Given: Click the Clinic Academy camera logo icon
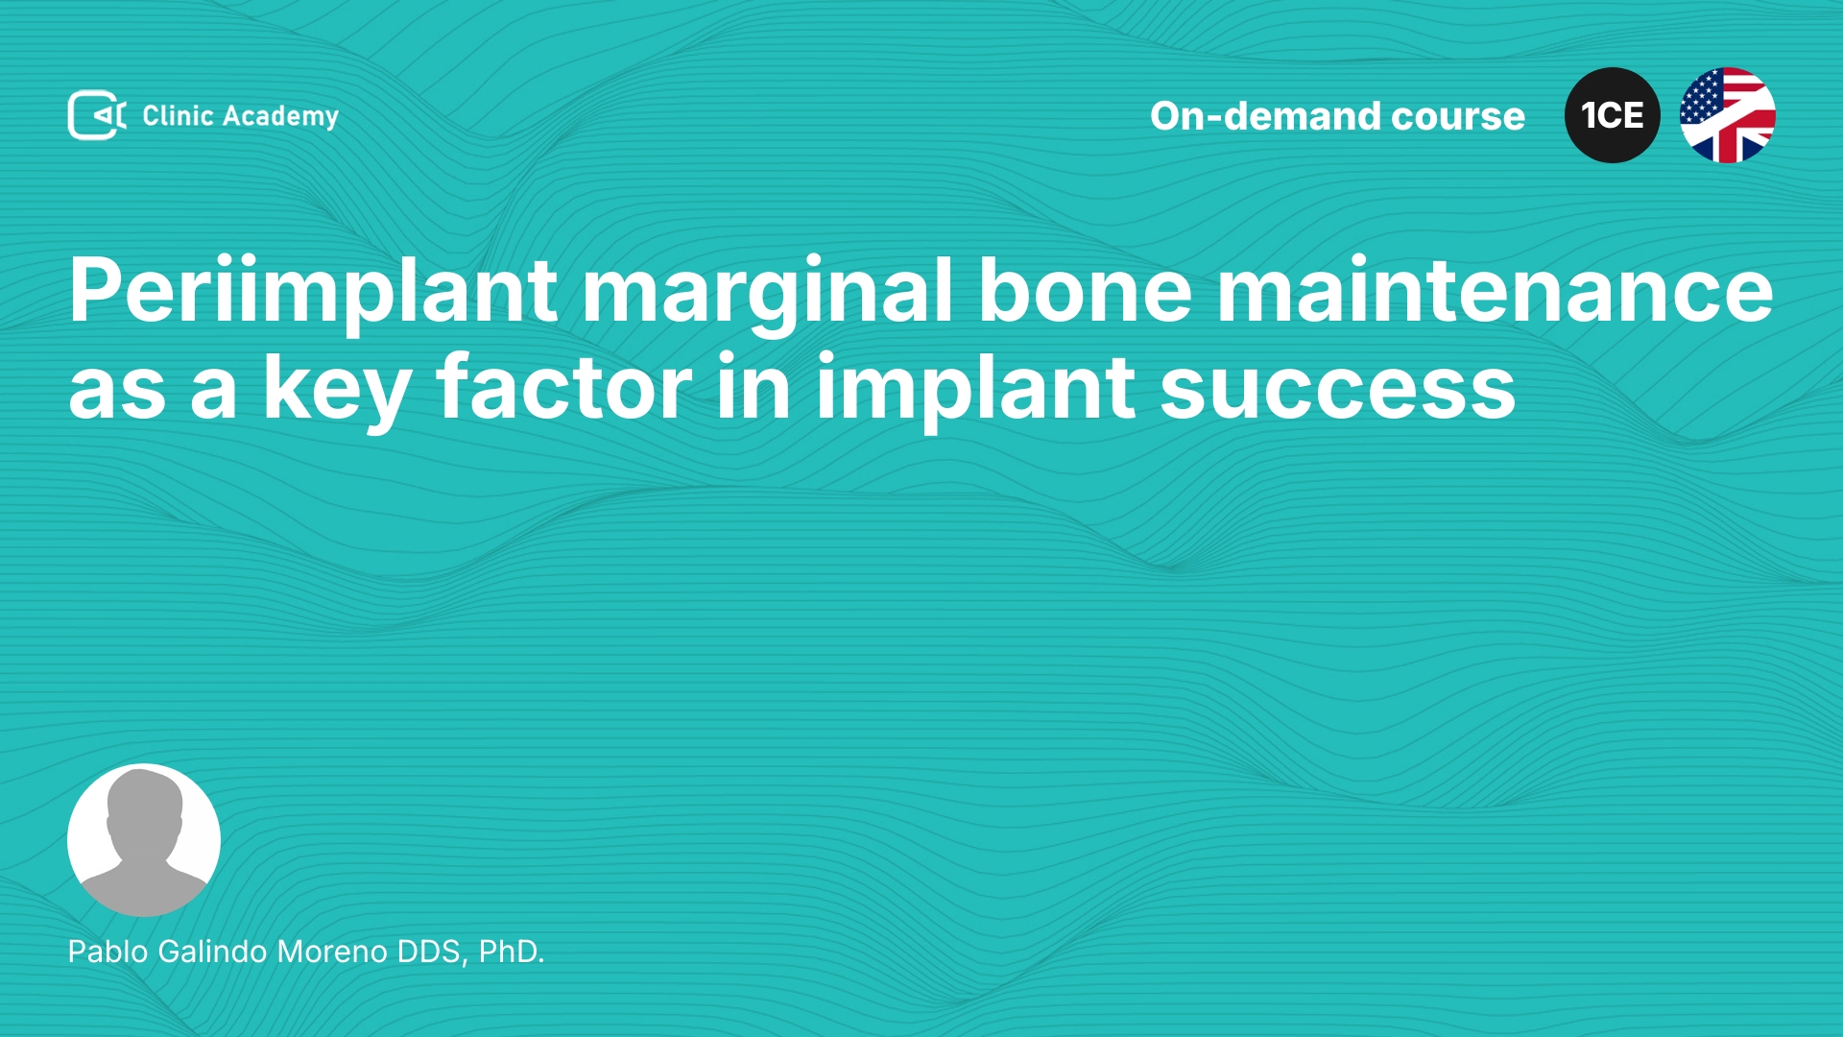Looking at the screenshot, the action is point(97,115).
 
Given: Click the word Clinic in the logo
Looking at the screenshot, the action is point(178,115).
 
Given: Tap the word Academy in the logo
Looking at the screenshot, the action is point(280,117).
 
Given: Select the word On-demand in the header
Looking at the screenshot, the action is point(1265,116).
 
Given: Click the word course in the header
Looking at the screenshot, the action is point(1458,117).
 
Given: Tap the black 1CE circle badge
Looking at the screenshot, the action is point(1613,115).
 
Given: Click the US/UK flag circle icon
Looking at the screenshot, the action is point(1728,115).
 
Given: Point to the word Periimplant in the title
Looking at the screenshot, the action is point(313,292).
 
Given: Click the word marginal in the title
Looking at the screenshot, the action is point(767,292).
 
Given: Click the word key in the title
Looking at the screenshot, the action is point(337,388).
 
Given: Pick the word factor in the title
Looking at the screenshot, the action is point(564,386).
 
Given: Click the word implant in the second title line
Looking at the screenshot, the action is point(976,388).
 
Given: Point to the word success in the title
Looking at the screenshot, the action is point(1338,390).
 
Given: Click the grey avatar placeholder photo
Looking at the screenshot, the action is point(144,840).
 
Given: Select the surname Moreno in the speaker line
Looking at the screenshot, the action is point(332,952).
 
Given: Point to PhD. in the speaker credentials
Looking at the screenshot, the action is point(512,952).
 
